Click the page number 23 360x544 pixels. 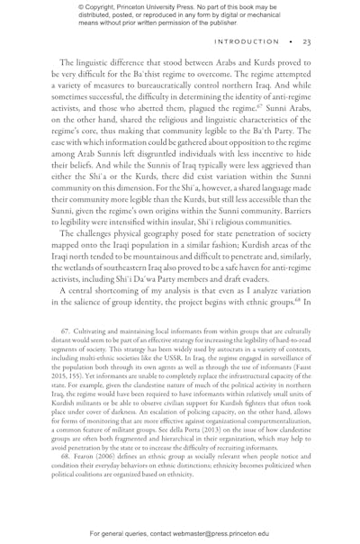point(306,42)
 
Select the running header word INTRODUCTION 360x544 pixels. point(247,42)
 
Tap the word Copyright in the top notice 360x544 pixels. point(93,8)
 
